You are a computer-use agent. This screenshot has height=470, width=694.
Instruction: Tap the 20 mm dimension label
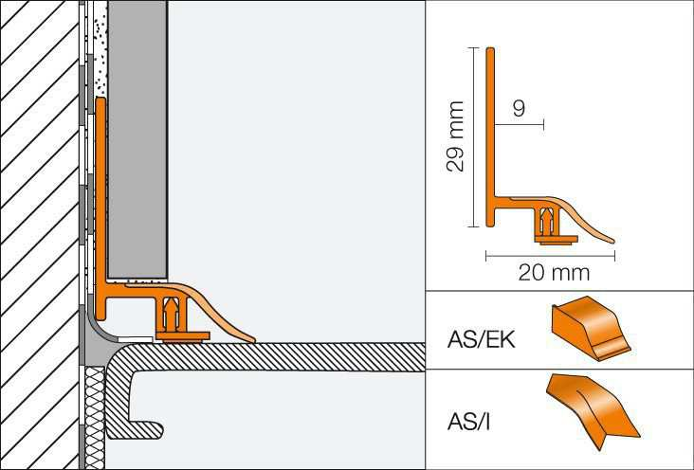click(x=553, y=273)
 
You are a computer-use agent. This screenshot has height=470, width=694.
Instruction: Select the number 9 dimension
click(x=519, y=109)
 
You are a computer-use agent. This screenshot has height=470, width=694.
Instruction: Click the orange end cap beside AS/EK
click(x=591, y=328)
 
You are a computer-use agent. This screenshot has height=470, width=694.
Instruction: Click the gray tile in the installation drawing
click(x=138, y=142)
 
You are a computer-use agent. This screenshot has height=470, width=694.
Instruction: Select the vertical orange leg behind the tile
click(x=100, y=190)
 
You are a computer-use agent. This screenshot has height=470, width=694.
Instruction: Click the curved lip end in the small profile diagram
click(x=608, y=239)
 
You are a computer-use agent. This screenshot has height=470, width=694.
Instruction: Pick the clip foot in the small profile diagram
click(x=551, y=237)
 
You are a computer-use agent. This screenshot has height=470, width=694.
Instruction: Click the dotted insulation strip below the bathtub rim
click(x=94, y=417)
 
